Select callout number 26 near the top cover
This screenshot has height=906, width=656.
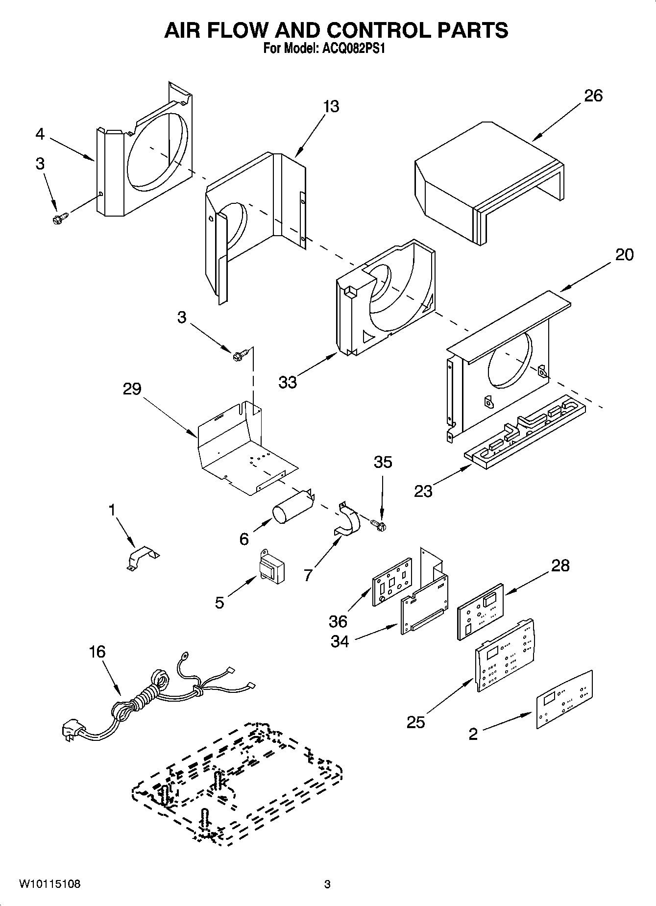(x=593, y=96)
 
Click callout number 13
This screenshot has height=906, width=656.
(x=331, y=106)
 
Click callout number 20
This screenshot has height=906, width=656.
(x=624, y=254)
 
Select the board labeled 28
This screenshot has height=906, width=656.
(x=480, y=612)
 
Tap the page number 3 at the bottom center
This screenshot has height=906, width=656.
(x=327, y=884)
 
